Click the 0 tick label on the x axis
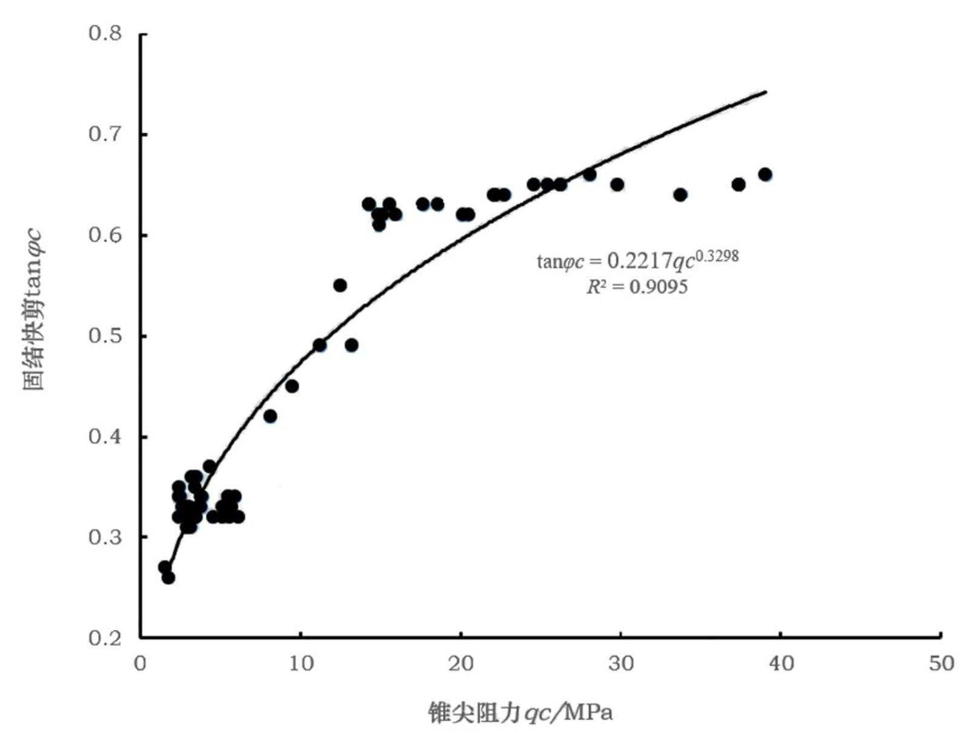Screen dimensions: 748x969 140,664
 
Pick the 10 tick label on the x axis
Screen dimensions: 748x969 301,664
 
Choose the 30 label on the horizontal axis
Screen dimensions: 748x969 621,664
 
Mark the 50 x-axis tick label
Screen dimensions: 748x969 941,664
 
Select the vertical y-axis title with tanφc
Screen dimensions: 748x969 33,309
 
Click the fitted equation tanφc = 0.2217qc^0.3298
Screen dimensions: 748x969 638,260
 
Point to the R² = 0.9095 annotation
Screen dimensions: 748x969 637,286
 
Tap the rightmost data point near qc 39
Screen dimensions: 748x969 765,174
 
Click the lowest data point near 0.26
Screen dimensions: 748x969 168,578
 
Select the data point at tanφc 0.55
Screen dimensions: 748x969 340,285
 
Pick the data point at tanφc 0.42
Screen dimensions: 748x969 270,416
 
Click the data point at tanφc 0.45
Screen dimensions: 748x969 292,386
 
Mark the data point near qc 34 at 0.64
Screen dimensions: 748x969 680,194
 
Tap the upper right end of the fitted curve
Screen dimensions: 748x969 766,92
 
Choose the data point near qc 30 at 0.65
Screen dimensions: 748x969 617,185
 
